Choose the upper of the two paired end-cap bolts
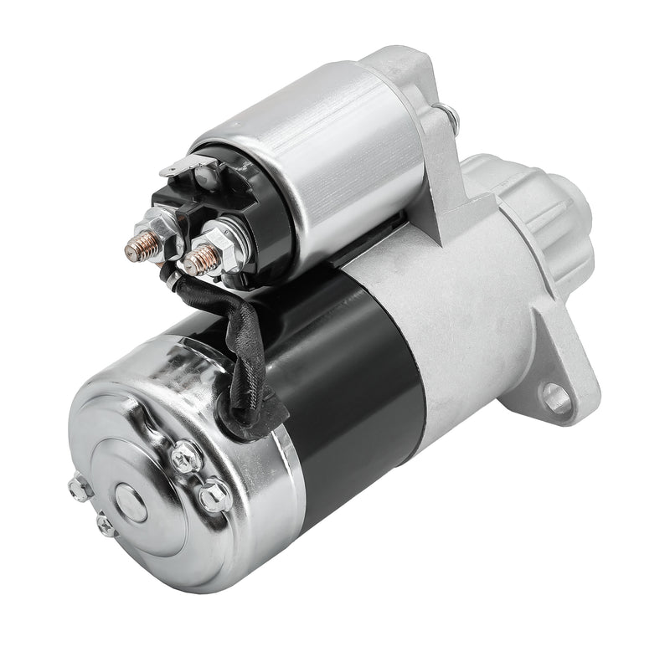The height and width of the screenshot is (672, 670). (185, 456)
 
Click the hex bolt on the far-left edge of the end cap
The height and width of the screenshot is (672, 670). (80, 488)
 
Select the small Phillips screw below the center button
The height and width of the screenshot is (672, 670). (105, 526)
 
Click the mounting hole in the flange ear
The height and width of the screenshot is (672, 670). (556, 397)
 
